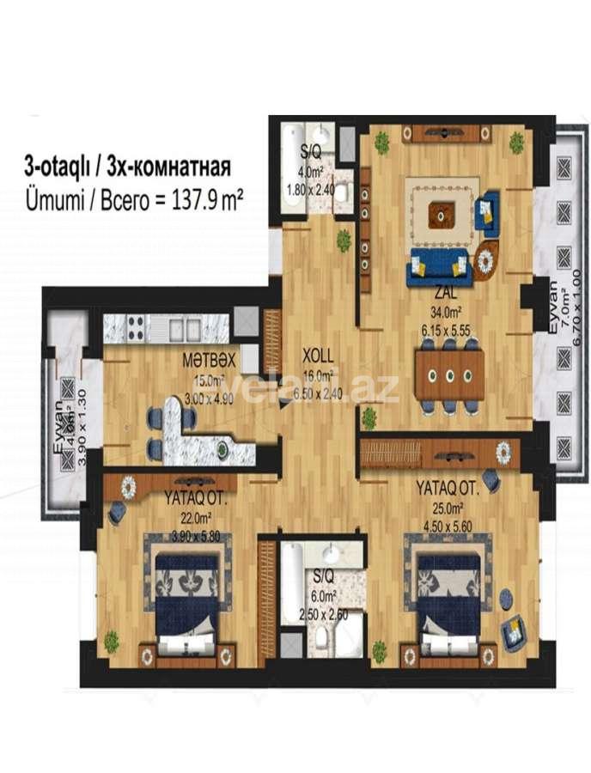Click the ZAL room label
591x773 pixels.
(x=444, y=290)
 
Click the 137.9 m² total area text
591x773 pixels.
(x=202, y=198)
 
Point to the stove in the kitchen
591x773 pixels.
(x=136, y=327)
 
